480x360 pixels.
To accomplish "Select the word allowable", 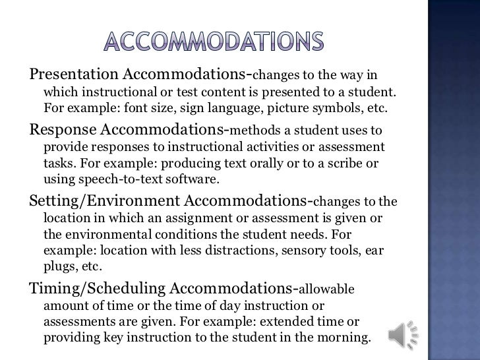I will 328,289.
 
